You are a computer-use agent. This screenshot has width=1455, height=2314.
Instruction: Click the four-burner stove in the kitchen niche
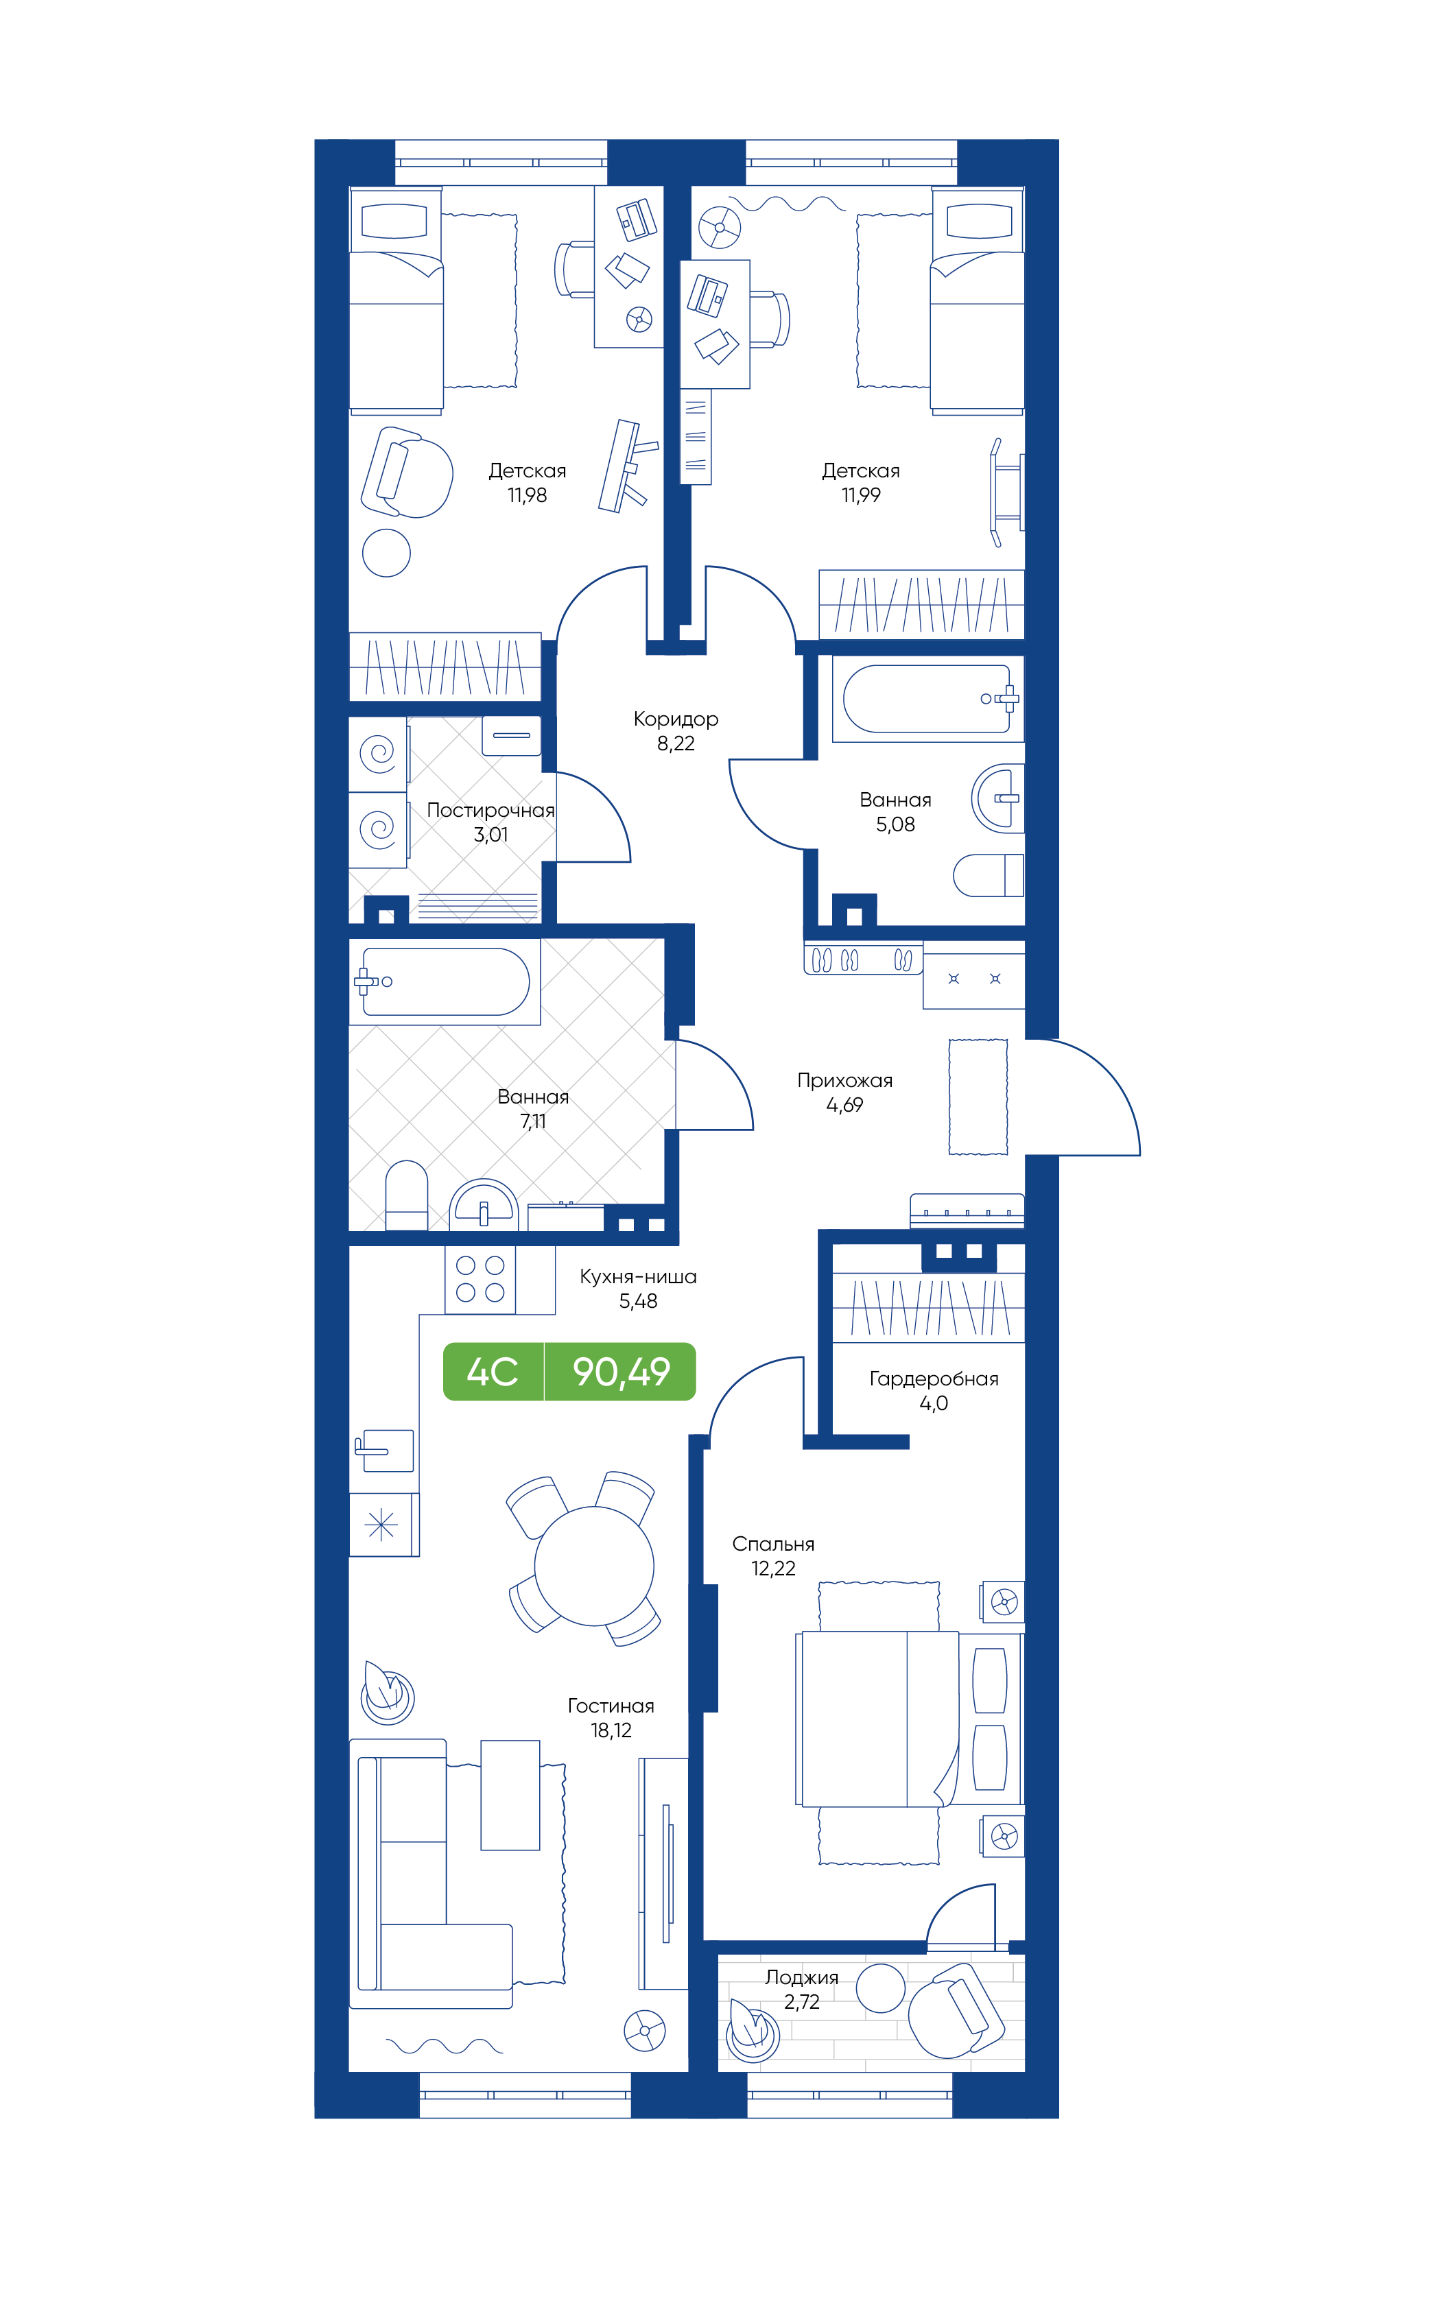[x=480, y=1279]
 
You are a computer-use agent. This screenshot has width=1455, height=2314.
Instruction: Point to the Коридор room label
[x=676, y=719]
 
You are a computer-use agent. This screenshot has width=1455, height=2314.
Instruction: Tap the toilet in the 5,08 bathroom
[x=988, y=875]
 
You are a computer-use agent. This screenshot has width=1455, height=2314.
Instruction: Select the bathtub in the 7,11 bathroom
[x=445, y=981]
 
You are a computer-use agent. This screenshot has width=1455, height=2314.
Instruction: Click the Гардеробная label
[x=933, y=1379]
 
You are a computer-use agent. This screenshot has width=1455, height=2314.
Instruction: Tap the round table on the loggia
[x=880, y=1988]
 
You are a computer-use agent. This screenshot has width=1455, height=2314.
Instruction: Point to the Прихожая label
[x=844, y=1081]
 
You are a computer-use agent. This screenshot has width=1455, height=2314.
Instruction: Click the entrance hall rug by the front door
[x=978, y=1097]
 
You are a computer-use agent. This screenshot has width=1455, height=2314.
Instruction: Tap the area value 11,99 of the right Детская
[x=860, y=496]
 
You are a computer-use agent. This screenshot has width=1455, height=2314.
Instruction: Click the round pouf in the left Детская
[x=386, y=553]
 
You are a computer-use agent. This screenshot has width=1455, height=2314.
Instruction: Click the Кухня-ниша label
[x=638, y=1277]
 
